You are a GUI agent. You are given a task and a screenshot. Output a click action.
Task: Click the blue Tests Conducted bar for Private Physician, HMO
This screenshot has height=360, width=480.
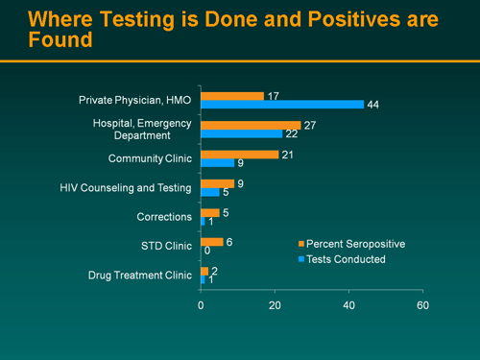282,105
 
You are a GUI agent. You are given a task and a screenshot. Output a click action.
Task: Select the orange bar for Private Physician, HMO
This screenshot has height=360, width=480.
232,96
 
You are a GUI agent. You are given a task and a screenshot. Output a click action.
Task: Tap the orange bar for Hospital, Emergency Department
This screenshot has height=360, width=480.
251,125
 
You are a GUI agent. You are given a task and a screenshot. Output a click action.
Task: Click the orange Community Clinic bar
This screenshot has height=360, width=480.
240,154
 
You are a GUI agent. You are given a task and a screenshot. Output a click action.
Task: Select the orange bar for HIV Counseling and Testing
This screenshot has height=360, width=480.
217,183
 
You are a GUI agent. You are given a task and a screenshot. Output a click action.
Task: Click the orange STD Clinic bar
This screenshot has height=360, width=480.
212,242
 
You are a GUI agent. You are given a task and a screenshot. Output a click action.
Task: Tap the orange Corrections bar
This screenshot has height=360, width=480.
210,212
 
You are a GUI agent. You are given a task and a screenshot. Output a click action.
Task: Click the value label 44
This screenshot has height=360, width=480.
374,105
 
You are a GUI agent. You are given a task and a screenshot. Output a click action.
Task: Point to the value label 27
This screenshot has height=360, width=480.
309,125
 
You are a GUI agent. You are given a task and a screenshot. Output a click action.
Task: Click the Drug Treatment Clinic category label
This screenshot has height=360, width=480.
139,276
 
